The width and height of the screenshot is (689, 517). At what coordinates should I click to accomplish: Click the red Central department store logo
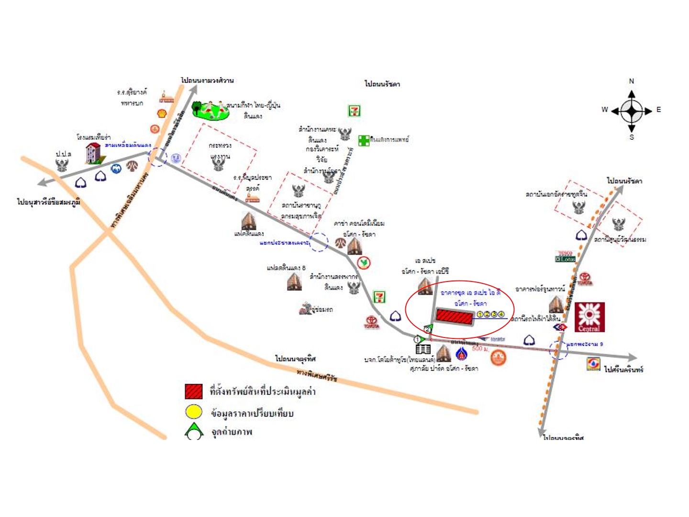(589, 317)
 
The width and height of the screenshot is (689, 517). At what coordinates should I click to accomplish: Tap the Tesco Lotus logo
(565, 257)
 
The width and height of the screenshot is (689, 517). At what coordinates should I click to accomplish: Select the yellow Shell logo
(162, 113)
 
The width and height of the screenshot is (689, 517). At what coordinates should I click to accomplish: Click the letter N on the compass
(631, 81)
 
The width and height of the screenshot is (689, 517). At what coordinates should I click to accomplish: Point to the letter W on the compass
(605, 110)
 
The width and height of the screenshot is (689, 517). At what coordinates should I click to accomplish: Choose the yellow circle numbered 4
(501, 315)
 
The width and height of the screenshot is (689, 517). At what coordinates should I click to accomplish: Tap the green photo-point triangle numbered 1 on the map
(418, 339)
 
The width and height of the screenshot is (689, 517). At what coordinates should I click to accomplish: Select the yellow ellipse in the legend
(194, 412)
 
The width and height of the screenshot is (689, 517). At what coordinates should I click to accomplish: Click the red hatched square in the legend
(194, 391)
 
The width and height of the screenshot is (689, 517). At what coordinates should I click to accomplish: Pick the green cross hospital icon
(364, 140)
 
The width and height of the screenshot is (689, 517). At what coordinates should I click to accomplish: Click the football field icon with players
(210, 110)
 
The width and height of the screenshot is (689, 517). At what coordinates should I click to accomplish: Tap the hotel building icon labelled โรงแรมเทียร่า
(93, 153)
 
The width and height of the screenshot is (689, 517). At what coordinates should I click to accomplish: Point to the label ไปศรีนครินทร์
(623, 370)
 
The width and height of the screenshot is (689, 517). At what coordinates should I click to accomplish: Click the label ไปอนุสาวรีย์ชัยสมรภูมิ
(48, 202)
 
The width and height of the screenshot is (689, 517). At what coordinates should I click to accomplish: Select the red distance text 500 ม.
(480, 348)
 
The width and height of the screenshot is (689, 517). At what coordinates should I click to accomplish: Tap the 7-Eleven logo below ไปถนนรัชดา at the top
(354, 111)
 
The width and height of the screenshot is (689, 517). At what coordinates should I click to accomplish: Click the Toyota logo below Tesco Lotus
(585, 279)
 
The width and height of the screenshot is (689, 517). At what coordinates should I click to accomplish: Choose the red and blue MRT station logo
(560, 327)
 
